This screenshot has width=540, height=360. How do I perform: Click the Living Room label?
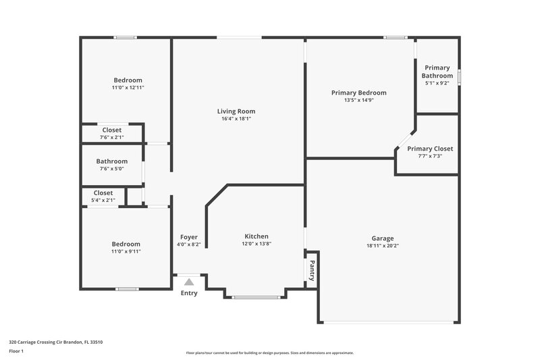pos(236,111)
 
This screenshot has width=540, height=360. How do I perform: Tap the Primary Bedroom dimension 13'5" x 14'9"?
pos(358,101)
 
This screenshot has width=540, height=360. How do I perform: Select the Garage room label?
pos(382,238)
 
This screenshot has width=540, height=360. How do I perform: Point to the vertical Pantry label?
pos(312,270)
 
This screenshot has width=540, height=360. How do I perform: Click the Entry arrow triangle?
pos(189,282)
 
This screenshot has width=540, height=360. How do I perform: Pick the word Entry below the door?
pos(189,294)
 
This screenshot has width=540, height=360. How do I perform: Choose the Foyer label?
pos(188,237)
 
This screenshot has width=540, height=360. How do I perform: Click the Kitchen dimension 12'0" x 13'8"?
pos(256,244)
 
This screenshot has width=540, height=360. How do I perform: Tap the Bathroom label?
pos(111,161)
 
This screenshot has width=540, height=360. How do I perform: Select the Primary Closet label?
pos(430,149)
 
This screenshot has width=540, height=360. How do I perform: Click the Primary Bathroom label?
pos(437,72)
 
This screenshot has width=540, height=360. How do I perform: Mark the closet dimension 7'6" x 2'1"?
pos(112,137)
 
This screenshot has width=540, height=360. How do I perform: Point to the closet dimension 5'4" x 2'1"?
pos(103,200)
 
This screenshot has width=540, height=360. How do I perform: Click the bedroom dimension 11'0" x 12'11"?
pos(128,88)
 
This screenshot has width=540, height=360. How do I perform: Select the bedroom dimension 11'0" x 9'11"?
pos(126,251)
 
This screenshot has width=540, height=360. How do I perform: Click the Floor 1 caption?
pos(16,351)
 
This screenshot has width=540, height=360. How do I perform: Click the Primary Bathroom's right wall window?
pos(459,76)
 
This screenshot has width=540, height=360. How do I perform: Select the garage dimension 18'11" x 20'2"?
pos(382,246)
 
